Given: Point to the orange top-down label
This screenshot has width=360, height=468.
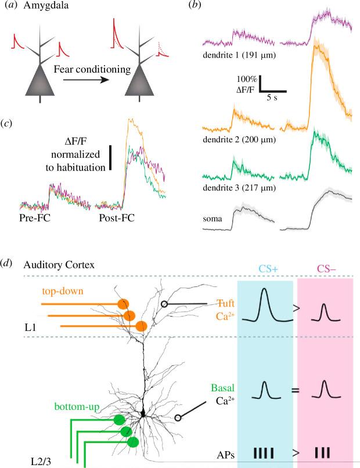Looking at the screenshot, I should click(x=63, y=291).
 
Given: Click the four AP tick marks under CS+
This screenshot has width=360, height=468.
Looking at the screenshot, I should click(x=265, y=451).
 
